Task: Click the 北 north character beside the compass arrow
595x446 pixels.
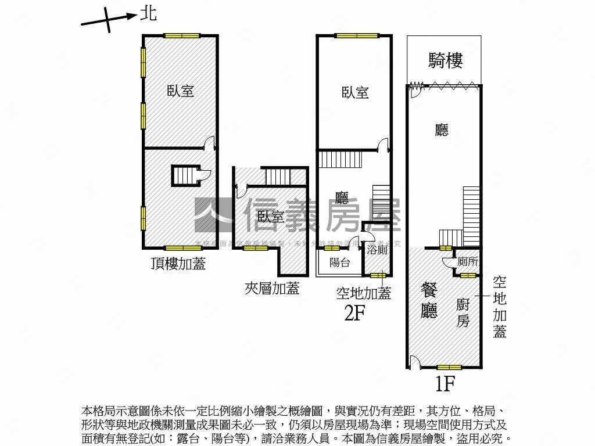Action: pyautogui.click(x=149, y=13)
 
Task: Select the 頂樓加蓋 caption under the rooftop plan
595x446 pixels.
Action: pyautogui.click(x=178, y=264)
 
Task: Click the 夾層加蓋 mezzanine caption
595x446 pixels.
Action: pyautogui.click(x=272, y=288)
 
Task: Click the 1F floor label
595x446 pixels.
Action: pyautogui.click(x=444, y=383)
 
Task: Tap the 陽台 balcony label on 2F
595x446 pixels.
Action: pyautogui.click(x=339, y=262)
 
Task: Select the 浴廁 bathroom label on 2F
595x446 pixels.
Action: pyautogui.click(x=377, y=250)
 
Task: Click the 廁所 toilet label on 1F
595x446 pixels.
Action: pyautogui.click(x=468, y=262)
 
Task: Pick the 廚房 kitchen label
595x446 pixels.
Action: pyautogui.click(x=463, y=312)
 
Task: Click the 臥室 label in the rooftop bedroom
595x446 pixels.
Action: pyautogui.click(x=180, y=91)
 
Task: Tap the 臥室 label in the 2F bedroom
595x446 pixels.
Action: pyautogui.click(x=355, y=92)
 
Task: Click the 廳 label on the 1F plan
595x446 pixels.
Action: pyautogui.click(x=442, y=130)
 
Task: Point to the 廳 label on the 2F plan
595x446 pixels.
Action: pyautogui.click(x=341, y=199)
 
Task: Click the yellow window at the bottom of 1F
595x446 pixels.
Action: pyautogui.click(x=449, y=367)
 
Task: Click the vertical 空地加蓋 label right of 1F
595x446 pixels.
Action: pyautogui.click(x=500, y=307)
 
